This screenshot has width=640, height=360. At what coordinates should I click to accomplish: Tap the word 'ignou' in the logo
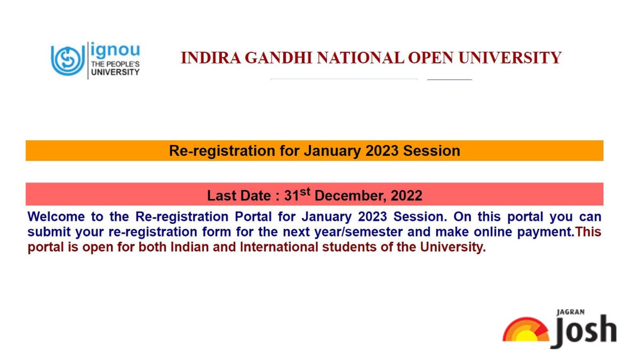tap(115, 51)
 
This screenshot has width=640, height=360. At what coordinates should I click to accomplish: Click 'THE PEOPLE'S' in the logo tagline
tap(115, 64)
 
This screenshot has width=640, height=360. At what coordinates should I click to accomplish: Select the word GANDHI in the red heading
tap(278, 58)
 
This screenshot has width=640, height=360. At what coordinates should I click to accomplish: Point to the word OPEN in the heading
tap(430, 58)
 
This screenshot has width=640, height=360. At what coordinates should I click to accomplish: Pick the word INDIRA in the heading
tap(211, 58)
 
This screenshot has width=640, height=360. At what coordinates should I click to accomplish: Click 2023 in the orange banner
tap(382, 150)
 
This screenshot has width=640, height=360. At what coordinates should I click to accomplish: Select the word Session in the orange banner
tap(431, 150)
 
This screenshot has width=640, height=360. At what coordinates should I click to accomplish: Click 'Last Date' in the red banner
tap(239, 196)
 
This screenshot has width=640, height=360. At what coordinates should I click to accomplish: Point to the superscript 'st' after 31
tap(305, 191)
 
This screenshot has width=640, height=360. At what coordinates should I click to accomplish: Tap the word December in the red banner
tap(350, 196)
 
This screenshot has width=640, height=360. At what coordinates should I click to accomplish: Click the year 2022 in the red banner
tap(406, 196)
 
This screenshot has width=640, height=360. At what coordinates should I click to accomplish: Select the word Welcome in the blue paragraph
tap(56, 217)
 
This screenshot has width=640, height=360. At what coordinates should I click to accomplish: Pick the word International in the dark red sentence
tap(279, 247)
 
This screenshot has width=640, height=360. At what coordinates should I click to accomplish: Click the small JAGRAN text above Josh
tap(570, 313)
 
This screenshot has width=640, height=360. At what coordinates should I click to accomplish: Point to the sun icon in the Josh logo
tap(526, 330)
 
